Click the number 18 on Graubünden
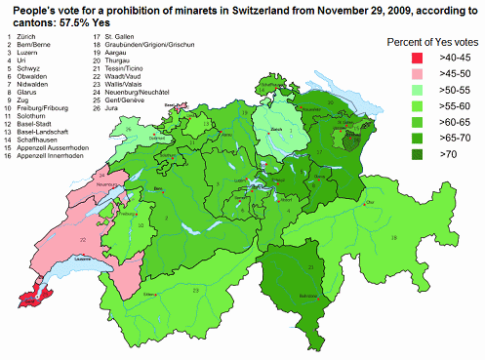[395, 237]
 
